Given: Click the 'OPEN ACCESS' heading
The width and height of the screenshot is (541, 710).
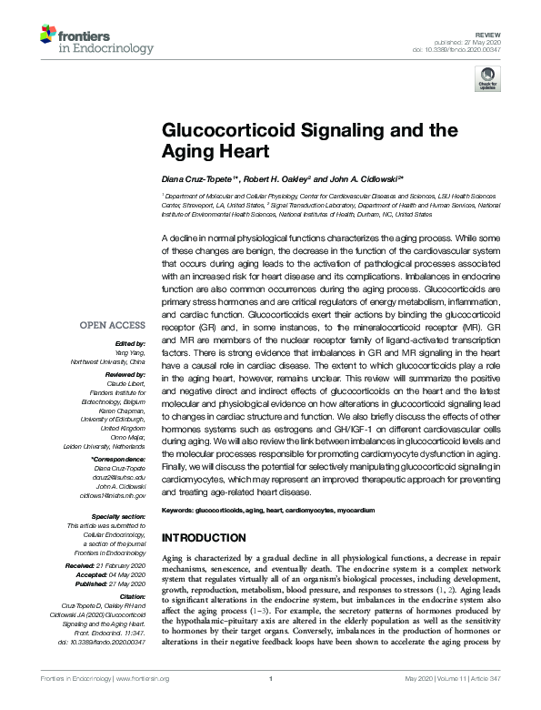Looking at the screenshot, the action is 112,325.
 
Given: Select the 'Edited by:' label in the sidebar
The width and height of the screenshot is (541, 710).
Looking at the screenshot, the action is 126,341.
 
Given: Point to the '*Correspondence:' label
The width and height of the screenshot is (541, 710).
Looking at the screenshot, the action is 119,461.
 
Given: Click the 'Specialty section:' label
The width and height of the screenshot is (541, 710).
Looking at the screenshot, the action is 120,517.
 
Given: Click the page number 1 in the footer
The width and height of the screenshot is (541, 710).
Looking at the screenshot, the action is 270,693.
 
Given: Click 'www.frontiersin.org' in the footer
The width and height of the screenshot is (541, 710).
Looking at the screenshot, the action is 140,693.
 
